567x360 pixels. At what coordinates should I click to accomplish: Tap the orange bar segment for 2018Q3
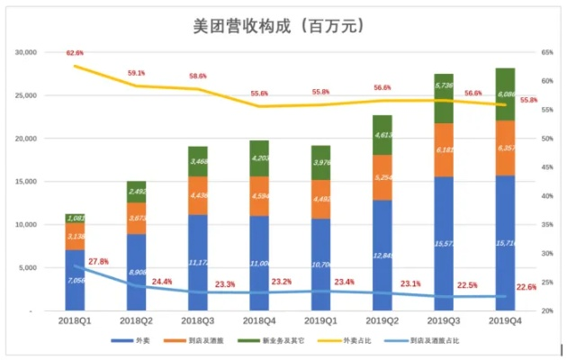click(x=198, y=195)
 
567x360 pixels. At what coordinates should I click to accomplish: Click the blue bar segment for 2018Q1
click(x=75, y=280)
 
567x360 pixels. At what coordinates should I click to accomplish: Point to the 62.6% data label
click(x=75, y=53)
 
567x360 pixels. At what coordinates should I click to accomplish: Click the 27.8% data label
click(x=98, y=262)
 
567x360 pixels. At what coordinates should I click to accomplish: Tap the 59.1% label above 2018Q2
click(x=137, y=73)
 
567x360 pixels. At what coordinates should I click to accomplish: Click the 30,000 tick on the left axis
click(x=33, y=52)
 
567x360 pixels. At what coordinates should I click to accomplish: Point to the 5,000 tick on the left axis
click(x=36, y=268)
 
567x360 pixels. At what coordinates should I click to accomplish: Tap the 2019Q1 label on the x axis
click(x=321, y=321)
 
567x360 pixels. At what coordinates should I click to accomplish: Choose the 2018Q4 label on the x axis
click(x=260, y=321)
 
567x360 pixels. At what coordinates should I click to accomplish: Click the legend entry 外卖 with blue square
click(x=135, y=342)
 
